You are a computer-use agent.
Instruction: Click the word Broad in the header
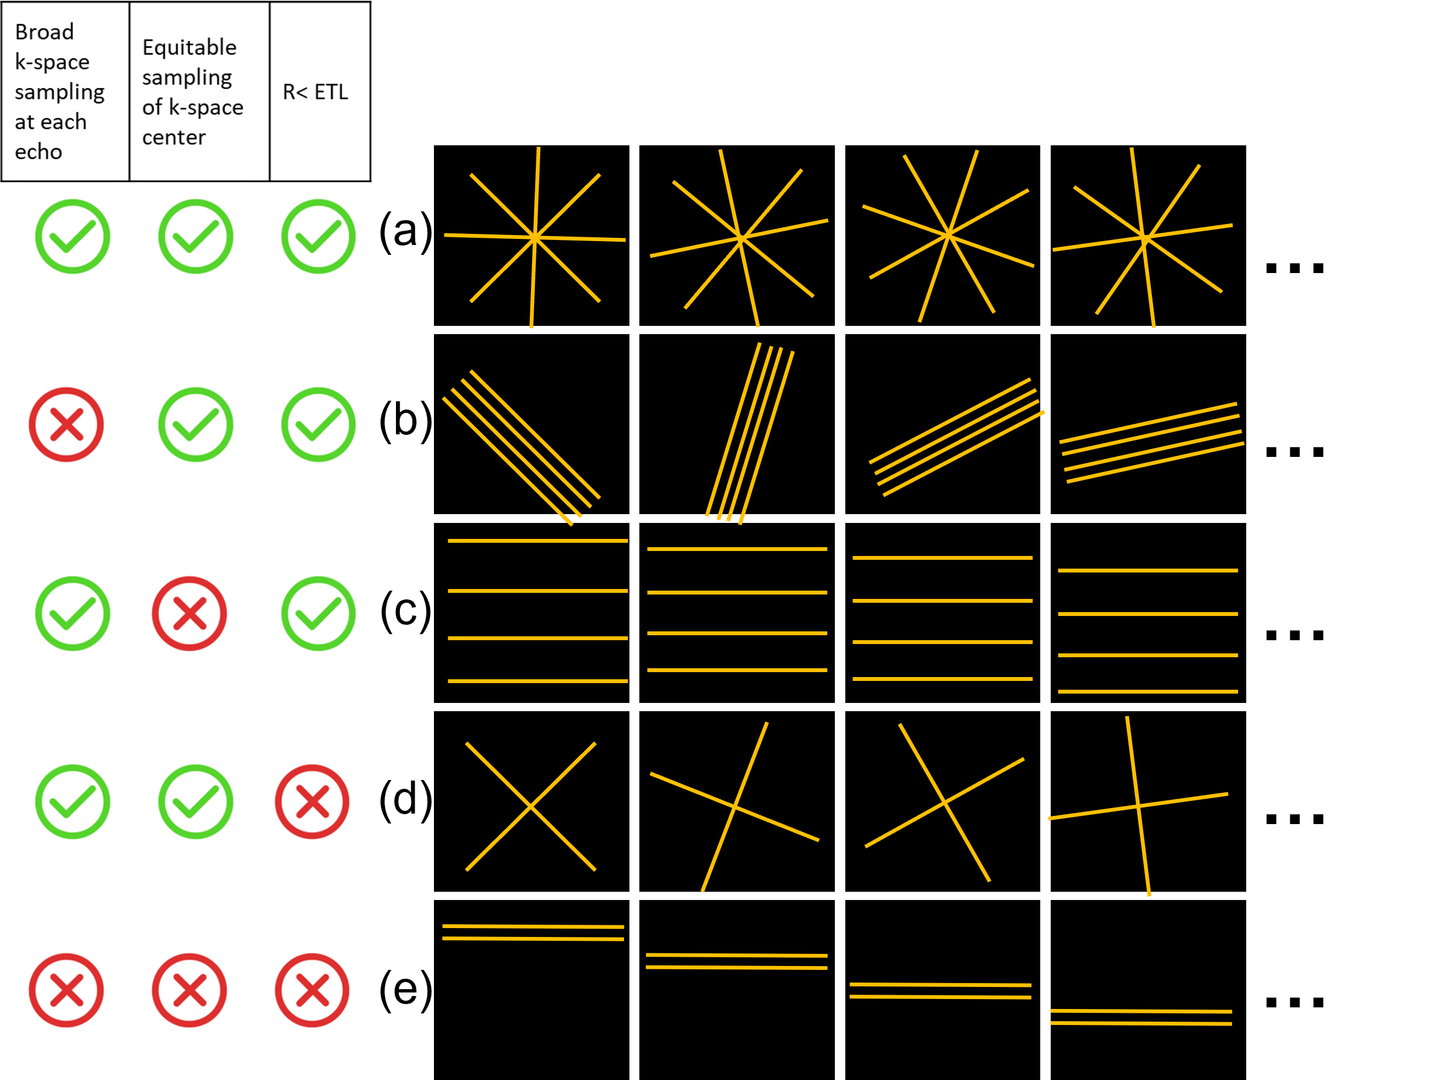pyautogui.click(x=44, y=32)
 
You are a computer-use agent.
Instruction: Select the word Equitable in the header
pyautogui.click(x=189, y=47)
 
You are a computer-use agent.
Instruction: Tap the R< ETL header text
pyautogui.click(x=315, y=92)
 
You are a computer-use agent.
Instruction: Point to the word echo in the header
pyautogui.click(x=38, y=151)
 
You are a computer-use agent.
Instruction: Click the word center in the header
pyautogui.click(x=173, y=138)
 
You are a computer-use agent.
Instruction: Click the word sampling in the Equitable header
pyautogui.click(x=187, y=78)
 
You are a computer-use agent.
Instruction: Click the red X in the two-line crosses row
pyautogui.click(x=312, y=802)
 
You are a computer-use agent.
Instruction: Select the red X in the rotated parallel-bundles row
pyautogui.click(x=66, y=425)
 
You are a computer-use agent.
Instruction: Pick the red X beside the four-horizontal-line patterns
pyautogui.click(x=189, y=614)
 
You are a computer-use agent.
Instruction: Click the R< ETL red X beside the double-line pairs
pyautogui.click(x=312, y=990)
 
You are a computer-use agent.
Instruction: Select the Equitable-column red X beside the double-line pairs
pyautogui.click(x=189, y=990)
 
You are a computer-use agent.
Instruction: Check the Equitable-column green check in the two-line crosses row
pyautogui.click(x=195, y=802)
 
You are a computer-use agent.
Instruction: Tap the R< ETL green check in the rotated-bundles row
pyautogui.click(x=318, y=425)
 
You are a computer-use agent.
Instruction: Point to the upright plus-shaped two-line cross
pyautogui.click(x=1138, y=806)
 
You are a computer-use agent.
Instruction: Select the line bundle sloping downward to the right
pyautogui.click(x=521, y=447)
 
